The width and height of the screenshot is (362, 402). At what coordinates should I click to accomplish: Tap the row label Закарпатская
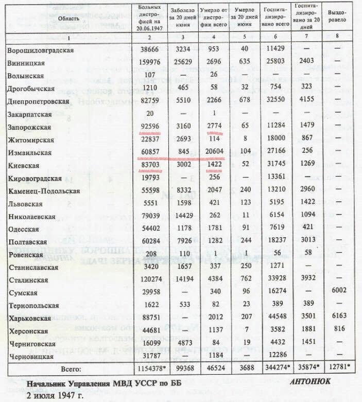click(x=30, y=114)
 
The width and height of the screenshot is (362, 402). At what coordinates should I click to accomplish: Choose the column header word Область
click(x=68, y=20)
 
